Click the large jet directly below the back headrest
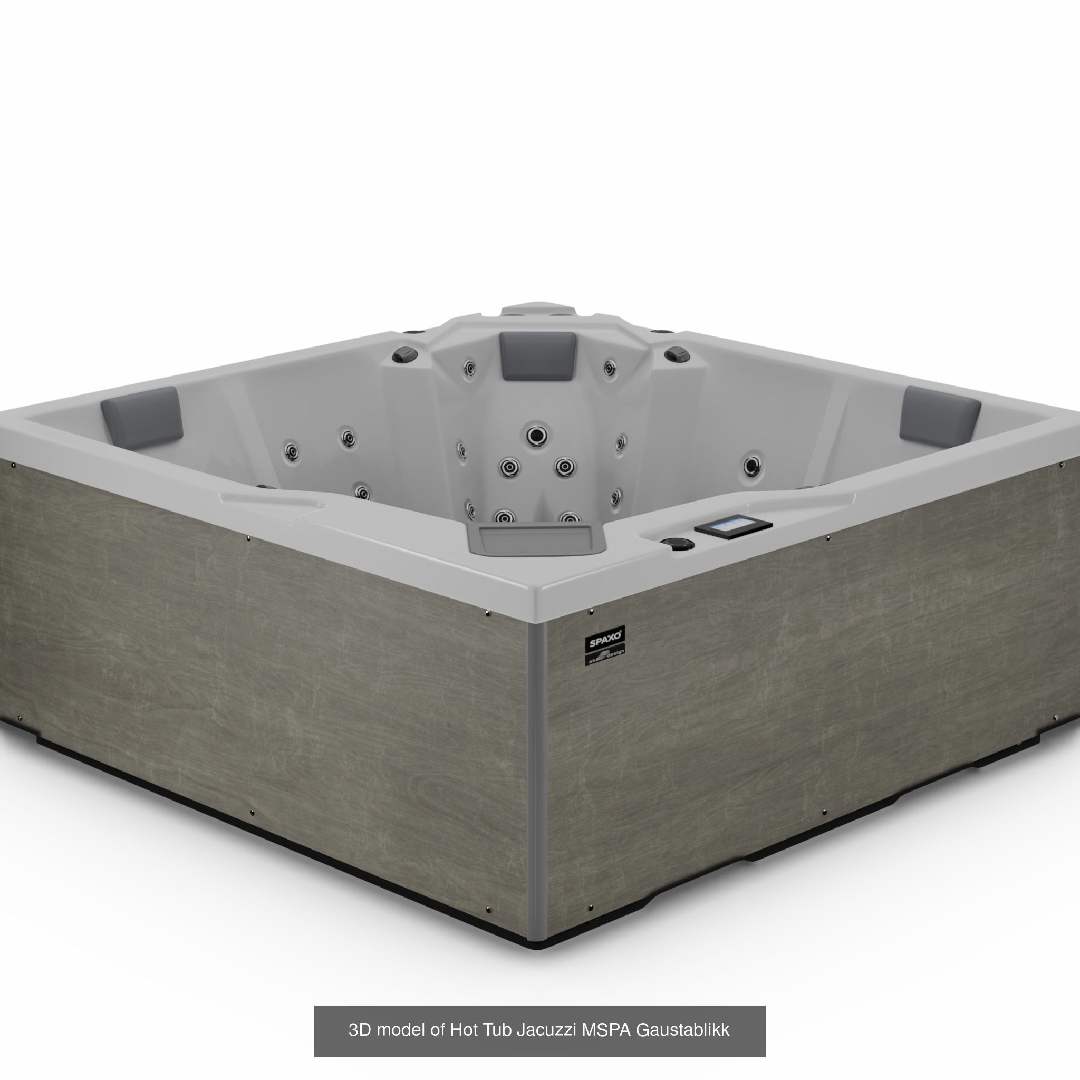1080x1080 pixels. point(537,434)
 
